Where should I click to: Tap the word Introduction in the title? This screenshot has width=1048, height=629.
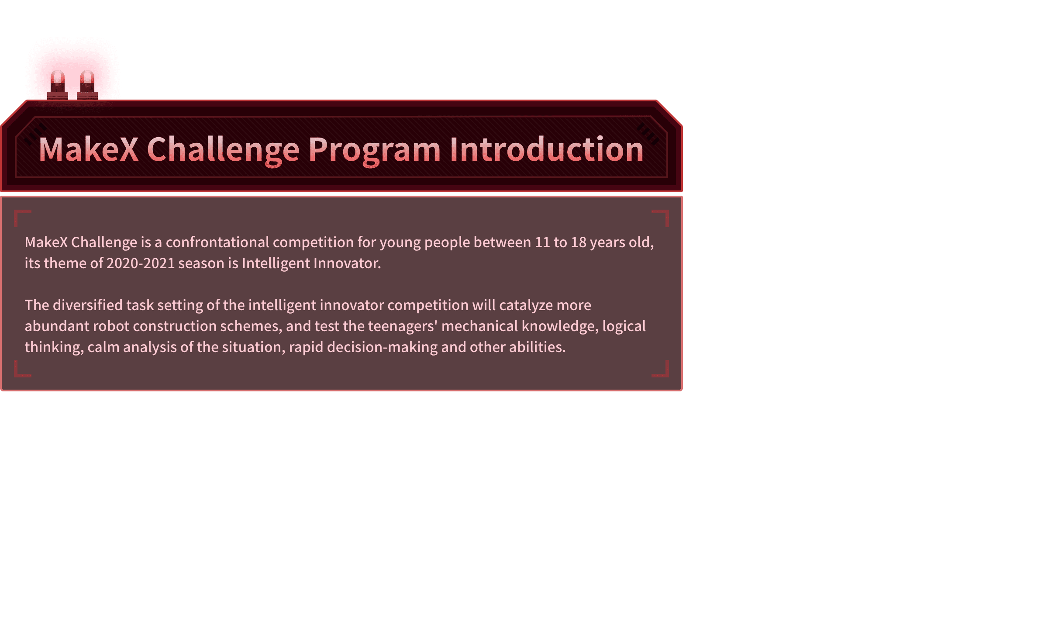pos(547,149)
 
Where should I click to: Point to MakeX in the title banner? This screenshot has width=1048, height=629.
pos(89,149)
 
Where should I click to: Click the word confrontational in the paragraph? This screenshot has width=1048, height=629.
pos(217,242)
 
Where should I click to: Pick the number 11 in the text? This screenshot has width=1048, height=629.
pos(542,242)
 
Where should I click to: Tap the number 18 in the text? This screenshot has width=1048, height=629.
pos(579,242)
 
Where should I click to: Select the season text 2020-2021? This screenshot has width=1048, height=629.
pos(141,263)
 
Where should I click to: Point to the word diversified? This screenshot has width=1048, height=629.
pos(88,305)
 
